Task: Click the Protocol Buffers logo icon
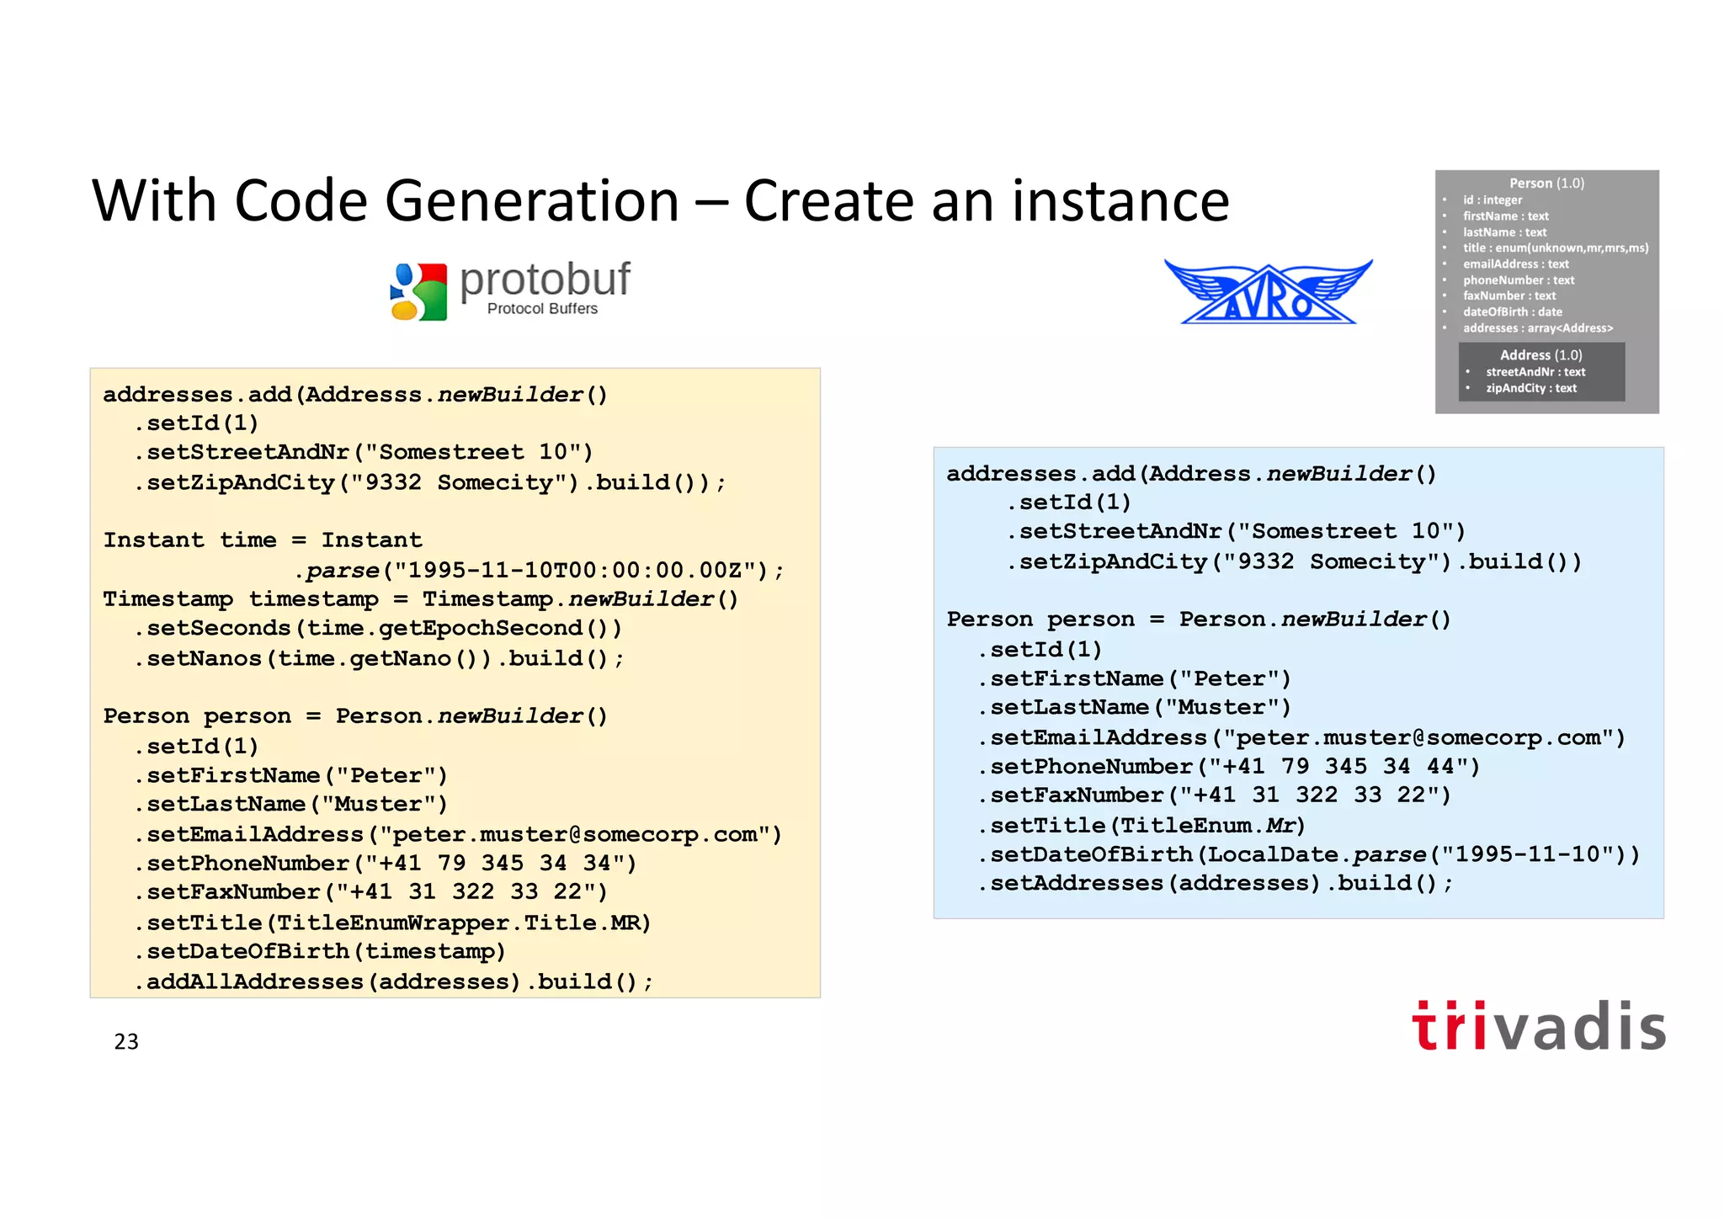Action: pyautogui.click(x=419, y=291)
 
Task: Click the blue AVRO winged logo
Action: pyautogui.click(x=1268, y=291)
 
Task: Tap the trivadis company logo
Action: pyautogui.click(x=1539, y=1026)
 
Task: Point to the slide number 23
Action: pyautogui.click(x=126, y=1042)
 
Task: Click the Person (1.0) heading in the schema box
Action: pyautogui.click(x=1546, y=183)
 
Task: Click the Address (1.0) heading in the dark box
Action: pyautogui.click(x=1540, y=355)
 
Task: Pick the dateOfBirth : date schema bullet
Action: pyautogui.click(x=1512, y=312)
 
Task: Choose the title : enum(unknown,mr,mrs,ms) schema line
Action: pyautogui.click(x=1555, y=248)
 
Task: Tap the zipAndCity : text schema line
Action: pyautogui.click(x=1530, y=388)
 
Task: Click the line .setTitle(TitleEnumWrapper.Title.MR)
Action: pyautogui.click(x=393, y=923)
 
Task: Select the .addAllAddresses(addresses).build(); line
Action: pyautogui.click(x=393, y=981)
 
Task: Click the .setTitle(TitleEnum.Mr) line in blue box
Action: pyautogui.click(x=1141, y=825)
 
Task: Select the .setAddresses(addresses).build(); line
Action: pyautogui.click(x=1216, y=883)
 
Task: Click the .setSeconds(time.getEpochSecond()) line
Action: pyautogui.click(x=378, y=628)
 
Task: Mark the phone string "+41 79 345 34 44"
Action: pyautogui.click(x=1343, y=766)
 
